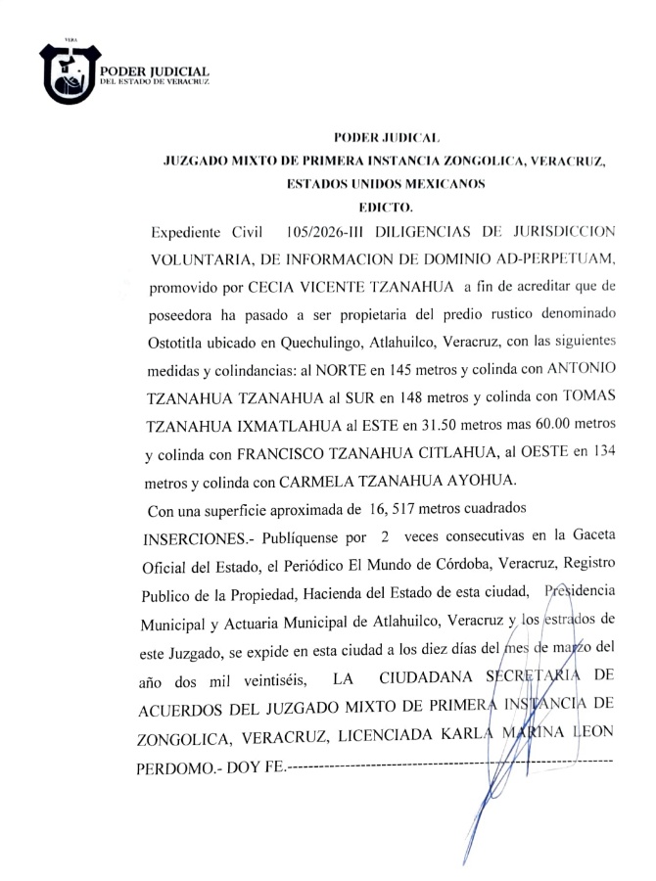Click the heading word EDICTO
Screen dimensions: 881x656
[x=386, y=207]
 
